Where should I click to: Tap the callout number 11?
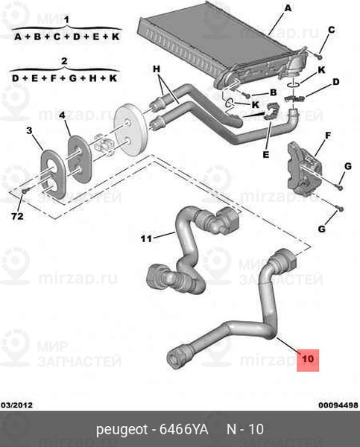[x=146, y=238]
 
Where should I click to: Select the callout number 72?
[x=17, y=216]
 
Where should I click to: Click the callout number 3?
[x=29, y=130]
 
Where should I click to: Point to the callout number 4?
[x=62, y=115]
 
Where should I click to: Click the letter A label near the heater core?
[x=288, y=8]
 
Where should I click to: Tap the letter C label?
[x=331, y=30]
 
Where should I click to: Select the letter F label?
[x=328, y=136]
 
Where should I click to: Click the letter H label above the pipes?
[x=157, y=69]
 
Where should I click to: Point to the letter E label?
[x=266, y=154]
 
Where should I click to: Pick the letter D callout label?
[x=336, y=82]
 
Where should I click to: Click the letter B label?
[x=274, y=92]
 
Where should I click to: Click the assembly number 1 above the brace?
[x=66, y=20]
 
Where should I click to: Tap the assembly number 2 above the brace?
[x=64, y=61]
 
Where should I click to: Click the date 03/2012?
[x=17, y=405]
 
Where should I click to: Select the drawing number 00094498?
[x=338, y=405]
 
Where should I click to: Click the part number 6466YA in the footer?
[x=183, y=429]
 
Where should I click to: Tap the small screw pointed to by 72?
[x=25, y=191]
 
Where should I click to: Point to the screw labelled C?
[x=319, y=56]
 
